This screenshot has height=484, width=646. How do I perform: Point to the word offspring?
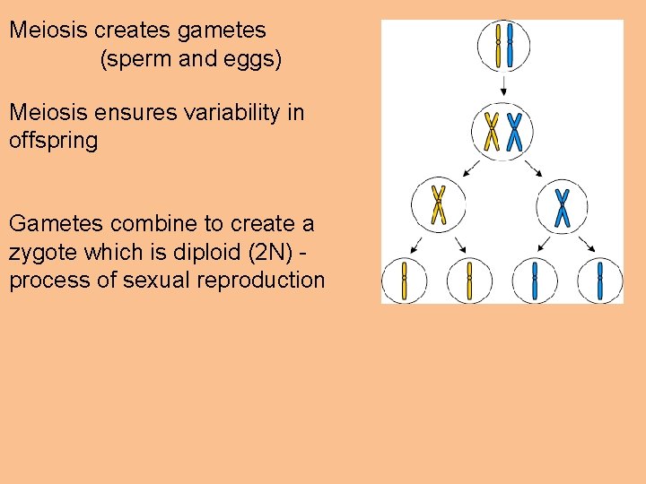click(53, 141)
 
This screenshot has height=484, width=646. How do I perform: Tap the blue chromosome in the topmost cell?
click(511, 45)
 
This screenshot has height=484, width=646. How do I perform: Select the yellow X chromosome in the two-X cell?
click(492, 131)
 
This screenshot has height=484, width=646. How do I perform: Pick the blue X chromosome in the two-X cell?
click(514, 131)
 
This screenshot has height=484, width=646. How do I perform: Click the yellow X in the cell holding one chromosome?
click(439, 204)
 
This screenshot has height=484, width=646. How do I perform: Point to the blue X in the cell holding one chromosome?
click(562, 206)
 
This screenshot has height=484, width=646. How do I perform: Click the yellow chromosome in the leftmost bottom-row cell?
click(405, 281)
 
